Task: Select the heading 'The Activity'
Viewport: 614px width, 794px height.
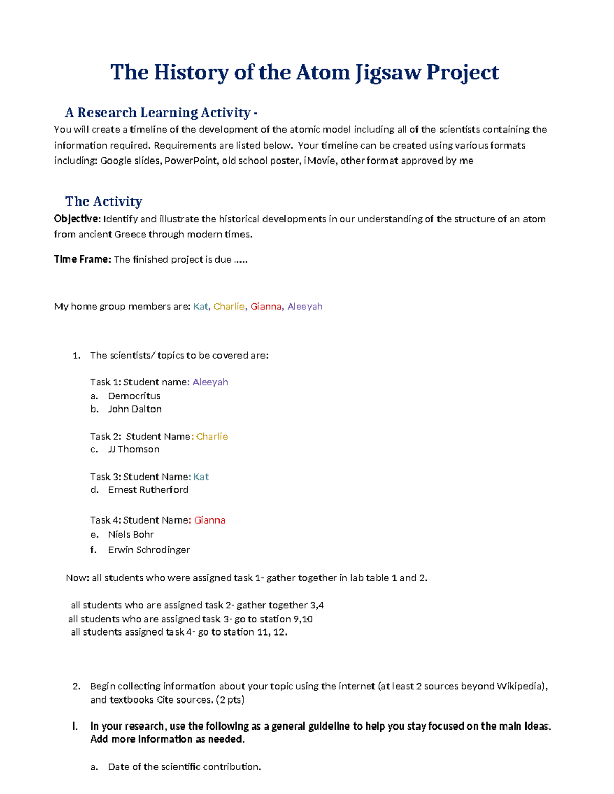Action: (103, 201)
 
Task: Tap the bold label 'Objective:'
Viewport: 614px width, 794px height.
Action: (77, 219)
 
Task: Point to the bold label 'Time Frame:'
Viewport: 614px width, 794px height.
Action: (82, 259)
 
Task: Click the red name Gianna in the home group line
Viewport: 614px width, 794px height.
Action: (266, 306)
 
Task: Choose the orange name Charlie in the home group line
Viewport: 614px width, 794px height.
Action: (229, 306)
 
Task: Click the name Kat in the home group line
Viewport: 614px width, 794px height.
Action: (201, 306)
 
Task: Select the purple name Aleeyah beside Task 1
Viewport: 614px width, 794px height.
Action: (210, 382)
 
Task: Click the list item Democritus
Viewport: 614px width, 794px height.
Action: (134, 396)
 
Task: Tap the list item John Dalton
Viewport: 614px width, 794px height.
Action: (135, 409)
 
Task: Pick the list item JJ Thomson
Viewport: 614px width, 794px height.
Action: (134, 449)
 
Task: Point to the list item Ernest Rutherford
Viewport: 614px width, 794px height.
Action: (148, 490)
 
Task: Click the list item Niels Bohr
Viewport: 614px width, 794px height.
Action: (131, 534)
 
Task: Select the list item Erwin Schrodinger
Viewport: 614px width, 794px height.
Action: (149, 550)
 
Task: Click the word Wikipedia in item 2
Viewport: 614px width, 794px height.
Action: (518, 686)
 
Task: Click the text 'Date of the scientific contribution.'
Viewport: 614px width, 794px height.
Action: (184, 767)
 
